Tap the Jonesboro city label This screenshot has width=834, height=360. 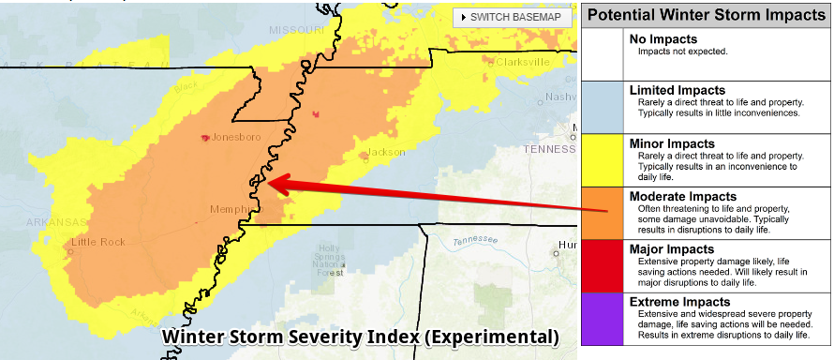[x=232, y=137]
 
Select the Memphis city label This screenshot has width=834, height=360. [x=231, y=209]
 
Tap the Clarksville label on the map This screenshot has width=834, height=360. [x=520, y=62]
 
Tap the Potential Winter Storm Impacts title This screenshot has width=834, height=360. [x=707, y=14]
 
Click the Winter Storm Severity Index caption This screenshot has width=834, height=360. [x=361, y=337]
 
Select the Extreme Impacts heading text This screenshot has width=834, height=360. [x=678, y=301]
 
